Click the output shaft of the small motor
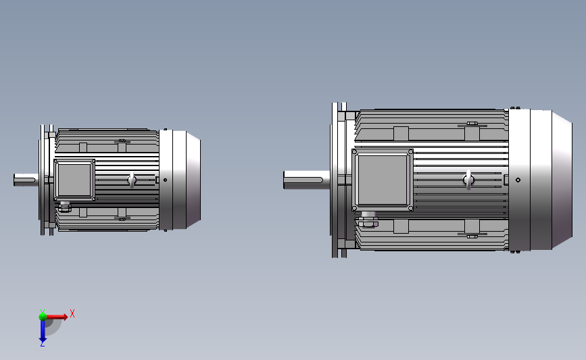tap(26, 180)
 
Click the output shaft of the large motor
tap(306, 180)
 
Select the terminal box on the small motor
tap(74, 180)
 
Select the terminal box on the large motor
tap(383, 180)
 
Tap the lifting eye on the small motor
tap(132, 180)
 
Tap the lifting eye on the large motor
tap(469, 180)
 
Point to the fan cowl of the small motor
tap(180, 180)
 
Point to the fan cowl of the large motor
tap(541, 180)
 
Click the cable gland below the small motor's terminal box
tap(65, 207)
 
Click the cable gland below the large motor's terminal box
tap(368, 220)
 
